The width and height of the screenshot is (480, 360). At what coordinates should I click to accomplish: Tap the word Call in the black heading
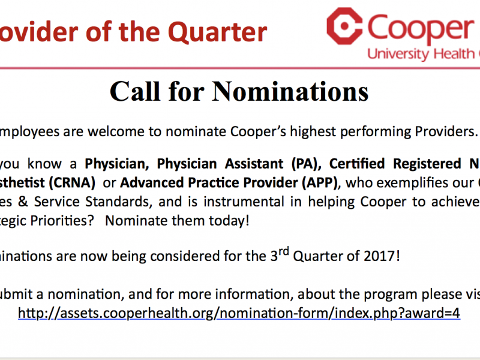(x=134, y=91)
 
